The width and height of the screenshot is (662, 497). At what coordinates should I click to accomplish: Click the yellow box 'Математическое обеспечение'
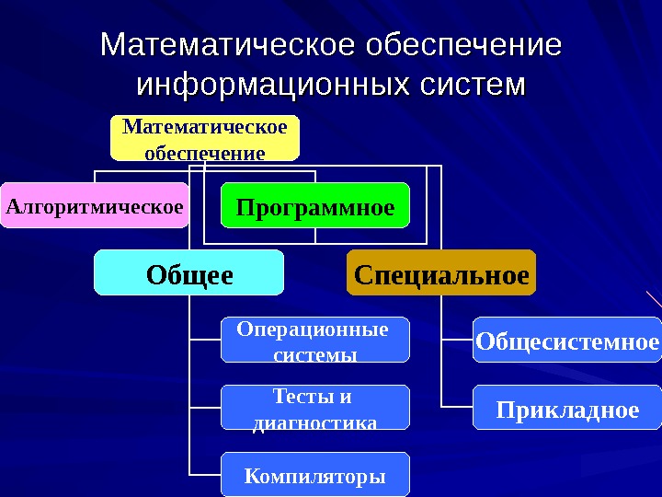205,137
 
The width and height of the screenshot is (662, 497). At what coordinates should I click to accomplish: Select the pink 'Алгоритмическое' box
95,205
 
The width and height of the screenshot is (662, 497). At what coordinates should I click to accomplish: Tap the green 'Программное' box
315,207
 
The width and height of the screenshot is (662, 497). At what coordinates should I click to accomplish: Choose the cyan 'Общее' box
188,273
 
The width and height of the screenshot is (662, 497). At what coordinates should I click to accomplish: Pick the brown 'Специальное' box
441,273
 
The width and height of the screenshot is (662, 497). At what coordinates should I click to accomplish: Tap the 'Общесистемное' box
567,341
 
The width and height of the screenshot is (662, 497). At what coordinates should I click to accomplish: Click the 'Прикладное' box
567,408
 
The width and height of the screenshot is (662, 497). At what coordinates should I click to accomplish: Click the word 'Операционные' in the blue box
313,329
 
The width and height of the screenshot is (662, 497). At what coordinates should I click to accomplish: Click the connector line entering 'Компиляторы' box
205,474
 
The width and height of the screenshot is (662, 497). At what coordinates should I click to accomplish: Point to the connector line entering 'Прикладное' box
457,407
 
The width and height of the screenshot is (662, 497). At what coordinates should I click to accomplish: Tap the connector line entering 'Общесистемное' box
457,339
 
